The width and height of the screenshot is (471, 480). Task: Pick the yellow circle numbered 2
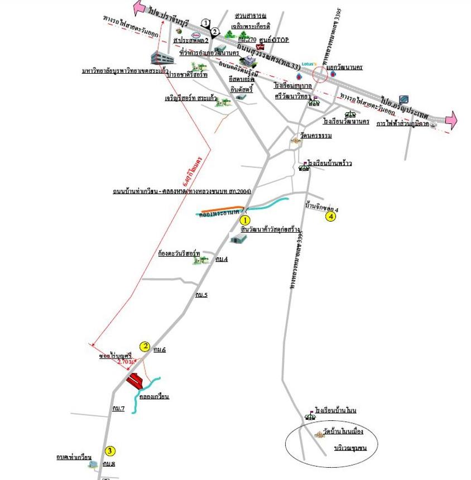[145, 346]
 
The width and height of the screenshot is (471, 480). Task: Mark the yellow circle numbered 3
[110, 451]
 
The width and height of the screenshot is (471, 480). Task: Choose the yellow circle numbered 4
[331, 217]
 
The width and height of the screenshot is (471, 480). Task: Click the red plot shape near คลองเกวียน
[135, 381]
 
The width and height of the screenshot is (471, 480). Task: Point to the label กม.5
[201, 294]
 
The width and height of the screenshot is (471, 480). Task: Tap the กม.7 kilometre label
[118, 409]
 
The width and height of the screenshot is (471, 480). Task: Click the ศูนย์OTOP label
[273, 40]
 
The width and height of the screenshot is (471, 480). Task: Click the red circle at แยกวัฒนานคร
[322, 75]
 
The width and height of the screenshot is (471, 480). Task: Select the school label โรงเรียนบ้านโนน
[335, 410]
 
